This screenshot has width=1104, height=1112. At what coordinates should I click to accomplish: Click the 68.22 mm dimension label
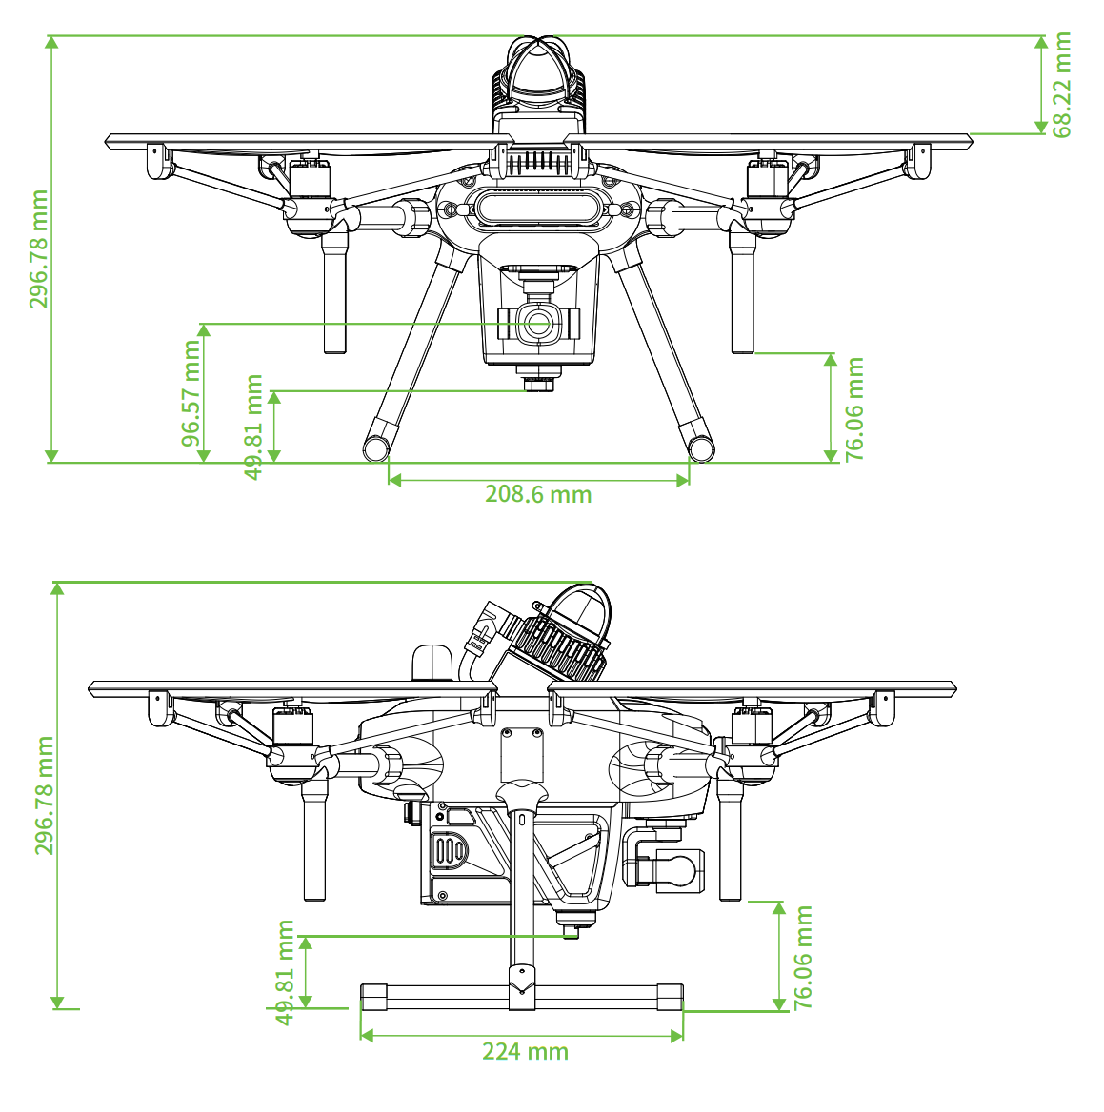[x=1061, y=85]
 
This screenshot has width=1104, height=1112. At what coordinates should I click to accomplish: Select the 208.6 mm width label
[x=538, y=493]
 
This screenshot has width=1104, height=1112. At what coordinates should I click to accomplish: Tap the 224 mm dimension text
[x=525, y=1051]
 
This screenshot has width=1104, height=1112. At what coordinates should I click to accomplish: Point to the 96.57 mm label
[x=191, y=393]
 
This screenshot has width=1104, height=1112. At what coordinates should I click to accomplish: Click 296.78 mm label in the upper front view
[x=38, y=248]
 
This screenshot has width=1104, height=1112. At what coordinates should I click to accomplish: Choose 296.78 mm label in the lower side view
[x=44, y=795]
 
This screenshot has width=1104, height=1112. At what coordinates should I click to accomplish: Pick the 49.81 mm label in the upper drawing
[x=253, y=427]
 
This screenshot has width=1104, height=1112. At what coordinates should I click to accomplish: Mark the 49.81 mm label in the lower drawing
[x=285, y=972]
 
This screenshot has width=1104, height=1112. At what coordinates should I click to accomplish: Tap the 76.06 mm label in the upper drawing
[x=854, y=409]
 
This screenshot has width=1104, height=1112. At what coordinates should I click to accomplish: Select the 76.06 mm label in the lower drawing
[x=802, y=957]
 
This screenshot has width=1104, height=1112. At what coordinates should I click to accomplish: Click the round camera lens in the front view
[x=538, y=324]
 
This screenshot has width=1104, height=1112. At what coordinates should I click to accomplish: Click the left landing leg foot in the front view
[x=377, y=447]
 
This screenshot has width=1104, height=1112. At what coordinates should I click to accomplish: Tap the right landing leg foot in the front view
[x=701, y=447]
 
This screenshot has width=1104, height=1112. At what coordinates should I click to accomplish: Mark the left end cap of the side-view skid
[x=374, y=997]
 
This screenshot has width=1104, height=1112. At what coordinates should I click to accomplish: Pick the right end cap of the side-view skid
[x=670, y=997]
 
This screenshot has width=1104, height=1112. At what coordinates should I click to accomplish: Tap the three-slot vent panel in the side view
[x=449, y=851]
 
